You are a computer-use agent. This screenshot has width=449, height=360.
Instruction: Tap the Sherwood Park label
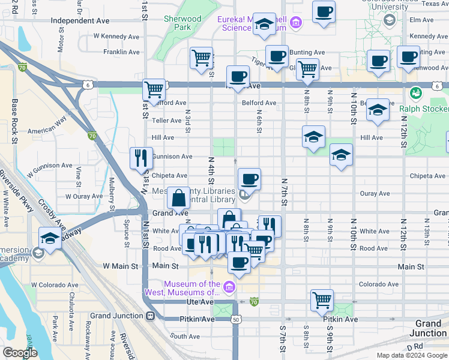point(182,23)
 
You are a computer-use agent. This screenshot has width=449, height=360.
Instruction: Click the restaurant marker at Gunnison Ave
point(142,158)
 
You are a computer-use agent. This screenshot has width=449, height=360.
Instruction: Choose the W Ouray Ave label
point(85,196)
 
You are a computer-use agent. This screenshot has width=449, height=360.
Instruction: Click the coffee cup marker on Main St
point(239,262)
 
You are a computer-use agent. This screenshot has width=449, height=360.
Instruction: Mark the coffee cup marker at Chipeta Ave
point(249,179)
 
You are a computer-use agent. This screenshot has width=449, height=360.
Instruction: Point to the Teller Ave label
point(166,121)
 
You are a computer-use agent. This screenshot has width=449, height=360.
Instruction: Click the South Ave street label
point(185,337)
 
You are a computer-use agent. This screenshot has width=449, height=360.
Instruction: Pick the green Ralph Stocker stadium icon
point(415,93)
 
